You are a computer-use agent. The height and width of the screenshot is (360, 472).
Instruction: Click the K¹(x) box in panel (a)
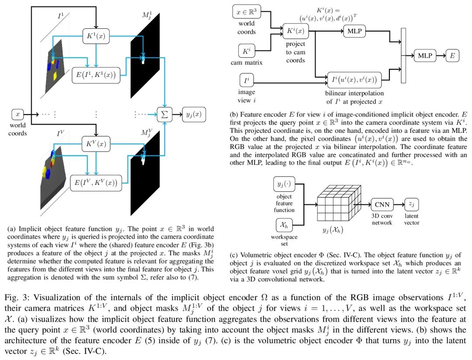tap(96, 36)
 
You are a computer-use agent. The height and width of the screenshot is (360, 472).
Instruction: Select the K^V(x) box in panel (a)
tap(96, 143)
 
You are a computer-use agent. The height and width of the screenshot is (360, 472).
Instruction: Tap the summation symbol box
tap(164, 114)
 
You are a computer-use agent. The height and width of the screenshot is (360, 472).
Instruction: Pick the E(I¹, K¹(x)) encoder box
tap(95, 75)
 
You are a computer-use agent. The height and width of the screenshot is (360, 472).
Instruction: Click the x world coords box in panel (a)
tap(17, 114)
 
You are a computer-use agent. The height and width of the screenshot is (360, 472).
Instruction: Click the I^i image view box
tap(246, 81)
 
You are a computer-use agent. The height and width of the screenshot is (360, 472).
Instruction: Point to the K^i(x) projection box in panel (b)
tap(295, 31)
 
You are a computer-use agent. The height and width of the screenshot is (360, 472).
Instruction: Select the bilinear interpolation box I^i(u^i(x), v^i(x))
tap(354, 79)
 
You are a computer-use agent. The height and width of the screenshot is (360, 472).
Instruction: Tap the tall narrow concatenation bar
tap(403, 55)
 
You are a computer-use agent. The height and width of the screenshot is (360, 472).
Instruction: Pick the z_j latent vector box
tap(412, 204)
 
